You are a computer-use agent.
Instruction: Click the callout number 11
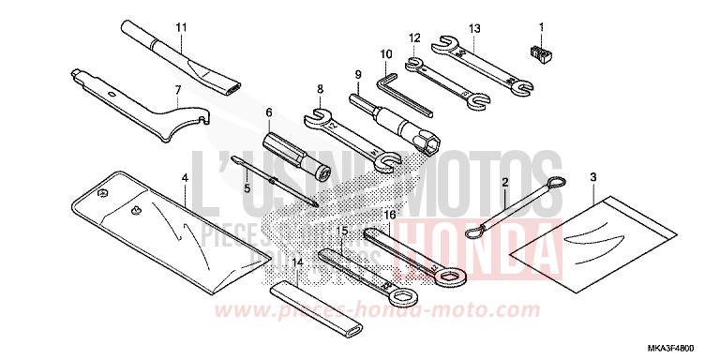tap(181, 24)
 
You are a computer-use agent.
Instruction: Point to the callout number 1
tap(541, 24)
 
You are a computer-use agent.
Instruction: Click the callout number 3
tap(593, 176)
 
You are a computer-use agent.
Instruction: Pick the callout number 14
tap(297, 264)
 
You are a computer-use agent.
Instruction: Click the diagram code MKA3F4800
tap(680, 347)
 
